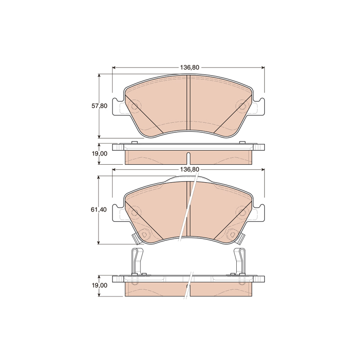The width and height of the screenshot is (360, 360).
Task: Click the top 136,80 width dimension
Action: pos(189,67)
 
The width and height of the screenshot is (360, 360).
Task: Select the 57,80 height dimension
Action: pos(99,106)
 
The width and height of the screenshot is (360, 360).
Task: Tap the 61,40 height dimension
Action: pos(99,210)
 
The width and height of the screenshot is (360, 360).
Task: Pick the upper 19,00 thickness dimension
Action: pos(99,154)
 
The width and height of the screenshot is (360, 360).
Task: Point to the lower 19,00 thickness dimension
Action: pos(99,285)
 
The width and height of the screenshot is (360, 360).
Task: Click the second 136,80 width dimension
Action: pos(189,170)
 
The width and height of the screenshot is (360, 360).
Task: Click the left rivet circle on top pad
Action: pos(135,106)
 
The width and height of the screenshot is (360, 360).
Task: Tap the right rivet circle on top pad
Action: pos(242,106)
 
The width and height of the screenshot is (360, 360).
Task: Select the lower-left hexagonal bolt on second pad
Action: pos(144,234)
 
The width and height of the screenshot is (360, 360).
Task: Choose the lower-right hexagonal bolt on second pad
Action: pos(232,234)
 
